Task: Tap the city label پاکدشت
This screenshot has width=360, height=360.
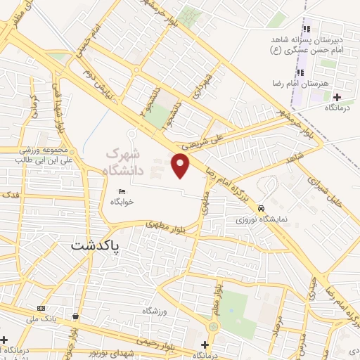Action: point(96,247)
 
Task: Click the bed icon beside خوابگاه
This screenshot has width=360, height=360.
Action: point(121,191)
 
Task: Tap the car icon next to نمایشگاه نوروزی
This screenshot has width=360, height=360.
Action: point(261,209)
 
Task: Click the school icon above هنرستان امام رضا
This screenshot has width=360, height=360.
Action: point(301,72)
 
